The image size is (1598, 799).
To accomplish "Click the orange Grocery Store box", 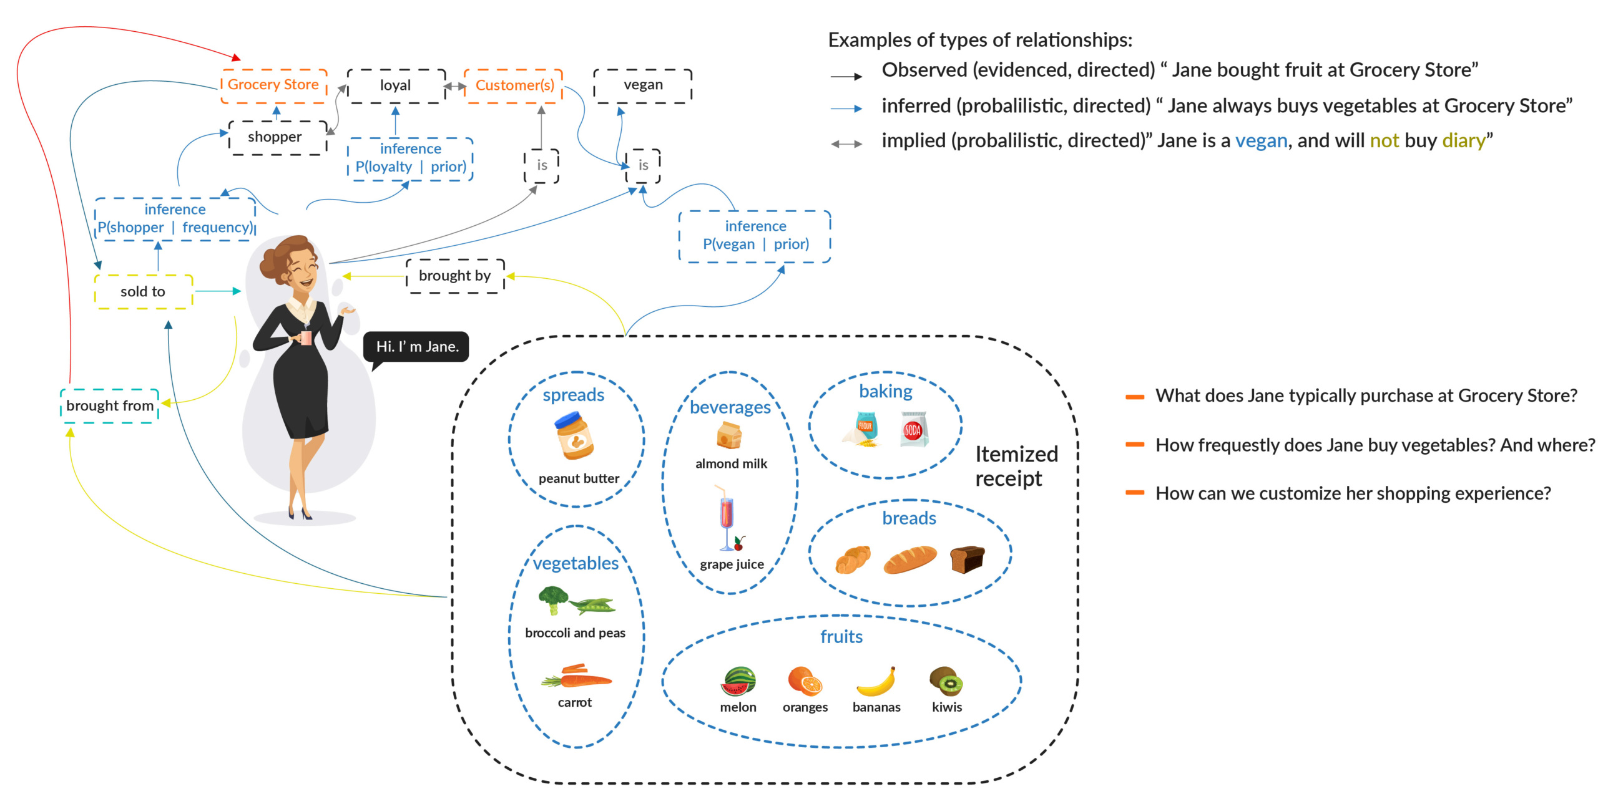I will point(273,85).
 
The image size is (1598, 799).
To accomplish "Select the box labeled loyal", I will point(396,85).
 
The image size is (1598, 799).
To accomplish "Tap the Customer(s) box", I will point(514,85).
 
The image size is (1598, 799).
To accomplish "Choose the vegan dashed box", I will point(643,85).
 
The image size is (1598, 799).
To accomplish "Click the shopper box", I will point(275,137).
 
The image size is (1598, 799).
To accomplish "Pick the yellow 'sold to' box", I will point(143,292).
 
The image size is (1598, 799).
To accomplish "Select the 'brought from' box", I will point(110,406).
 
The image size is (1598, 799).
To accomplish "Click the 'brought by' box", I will point(454,276).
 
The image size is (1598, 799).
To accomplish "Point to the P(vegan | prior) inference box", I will point(755,236).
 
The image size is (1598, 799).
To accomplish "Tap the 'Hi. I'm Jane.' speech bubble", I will point(417,347).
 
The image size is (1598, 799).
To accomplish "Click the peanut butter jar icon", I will point(574,437).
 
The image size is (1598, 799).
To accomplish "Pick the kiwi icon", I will point(946,681).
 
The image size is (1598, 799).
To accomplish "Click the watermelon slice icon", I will point(738,681).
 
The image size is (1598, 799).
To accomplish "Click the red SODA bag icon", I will point(913,429).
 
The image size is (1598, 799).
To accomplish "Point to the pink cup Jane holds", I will point(306,337).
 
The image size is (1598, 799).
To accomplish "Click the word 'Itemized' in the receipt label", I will point(1016,454).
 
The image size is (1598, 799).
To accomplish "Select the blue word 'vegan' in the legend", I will point(1261,141).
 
